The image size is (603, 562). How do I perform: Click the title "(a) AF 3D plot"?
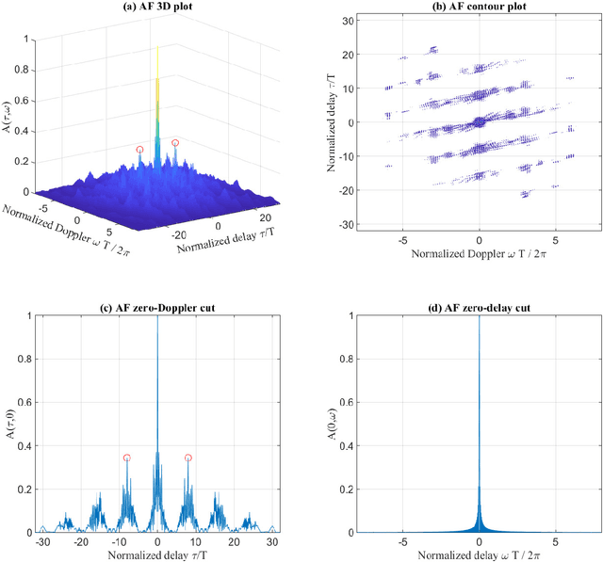(x=158, y=8)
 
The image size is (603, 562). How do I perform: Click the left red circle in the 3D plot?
(x=140, y=150)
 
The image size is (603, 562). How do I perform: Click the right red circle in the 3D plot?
(x=174, y=143)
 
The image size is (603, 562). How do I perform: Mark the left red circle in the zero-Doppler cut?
(x=127, y=458)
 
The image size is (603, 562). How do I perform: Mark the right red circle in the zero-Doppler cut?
(x=188, y=458)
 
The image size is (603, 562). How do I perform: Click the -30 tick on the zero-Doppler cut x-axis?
(x=42, y=544)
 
